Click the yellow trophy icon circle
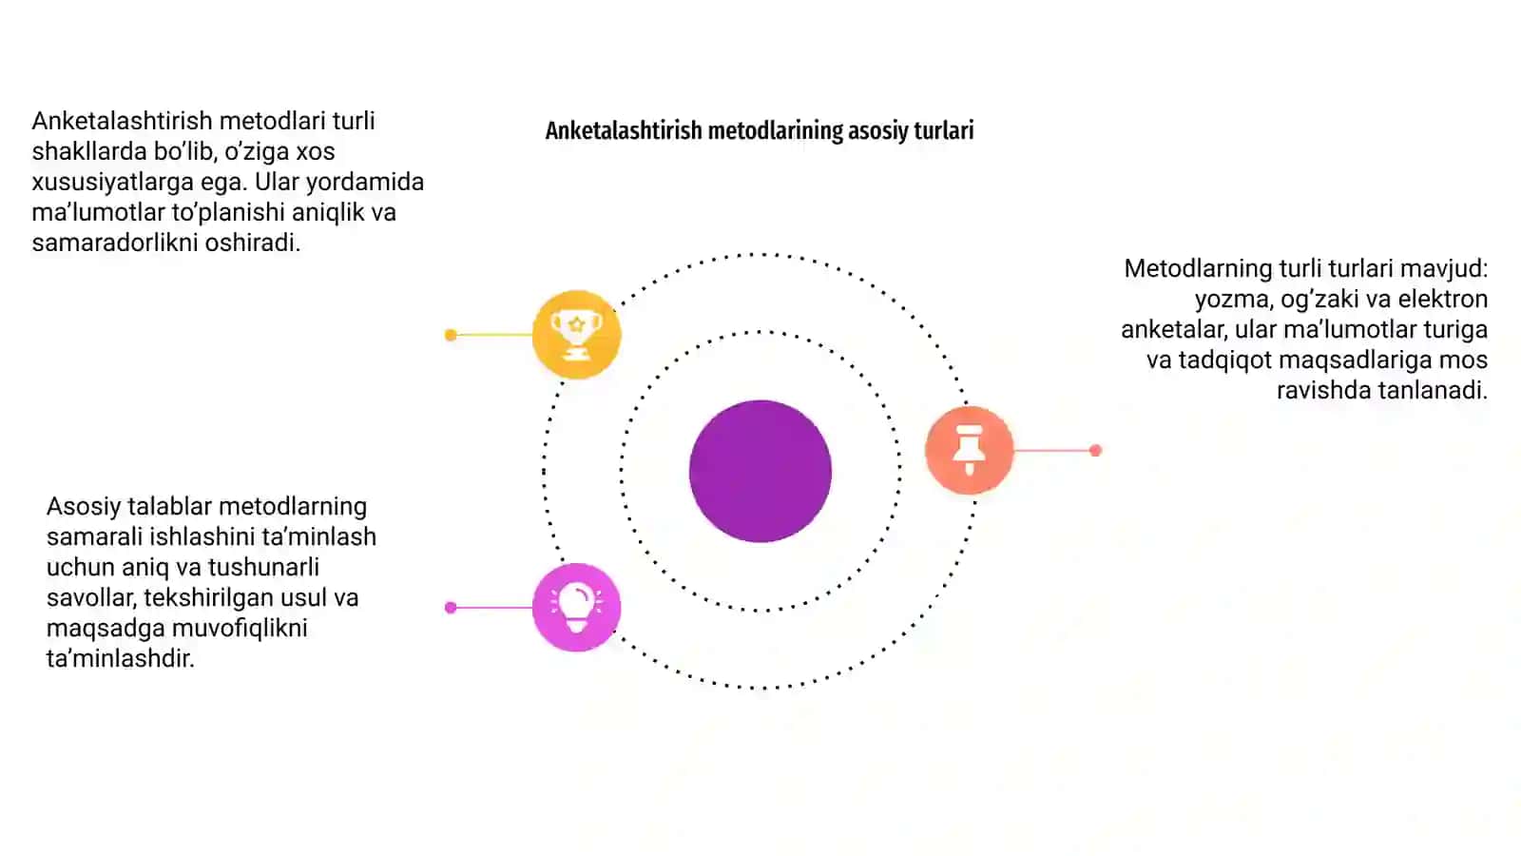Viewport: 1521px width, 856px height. [576, 334]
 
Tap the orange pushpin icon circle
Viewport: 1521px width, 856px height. [969, 450]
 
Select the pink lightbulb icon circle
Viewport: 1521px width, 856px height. [576, 608]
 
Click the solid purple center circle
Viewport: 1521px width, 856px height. [760, 471]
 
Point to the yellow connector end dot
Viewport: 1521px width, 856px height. [451, 335]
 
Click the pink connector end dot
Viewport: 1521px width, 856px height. [451, 608]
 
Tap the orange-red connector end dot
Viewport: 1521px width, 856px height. [1095, 451]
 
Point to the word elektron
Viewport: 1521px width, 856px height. [1443, 299]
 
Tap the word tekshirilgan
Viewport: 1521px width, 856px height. [221, 598]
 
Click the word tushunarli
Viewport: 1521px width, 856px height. [263, 567]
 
